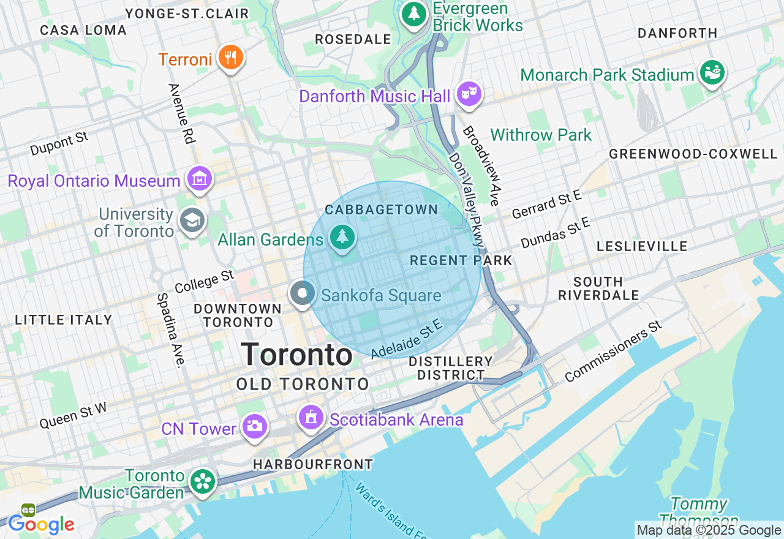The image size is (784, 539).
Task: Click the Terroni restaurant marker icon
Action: pos(230,58)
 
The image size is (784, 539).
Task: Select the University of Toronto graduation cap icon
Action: pos(192,221)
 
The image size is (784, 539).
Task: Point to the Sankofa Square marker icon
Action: pos(302,294)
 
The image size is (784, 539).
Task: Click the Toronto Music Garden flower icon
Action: pos(202,481)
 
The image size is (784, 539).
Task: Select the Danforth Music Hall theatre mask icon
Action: pos(469,94)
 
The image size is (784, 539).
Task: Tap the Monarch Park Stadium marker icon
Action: pos(712,73)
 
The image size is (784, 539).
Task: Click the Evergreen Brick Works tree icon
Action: pos(414,13)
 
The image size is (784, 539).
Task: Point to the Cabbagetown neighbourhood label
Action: pos(382,209)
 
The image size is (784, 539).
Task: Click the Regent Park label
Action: pos(461,260)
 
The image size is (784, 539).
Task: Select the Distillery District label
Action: pos(450,368)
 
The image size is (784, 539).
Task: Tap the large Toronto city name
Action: pos(296,355)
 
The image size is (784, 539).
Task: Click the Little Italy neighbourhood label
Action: pos(64,320)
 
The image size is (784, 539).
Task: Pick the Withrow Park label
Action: pos(541,135)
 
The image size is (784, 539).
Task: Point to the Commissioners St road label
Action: pos(614,351)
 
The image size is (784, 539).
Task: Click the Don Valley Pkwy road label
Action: pos(467,199)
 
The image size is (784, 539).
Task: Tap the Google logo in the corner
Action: pos(41,524)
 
